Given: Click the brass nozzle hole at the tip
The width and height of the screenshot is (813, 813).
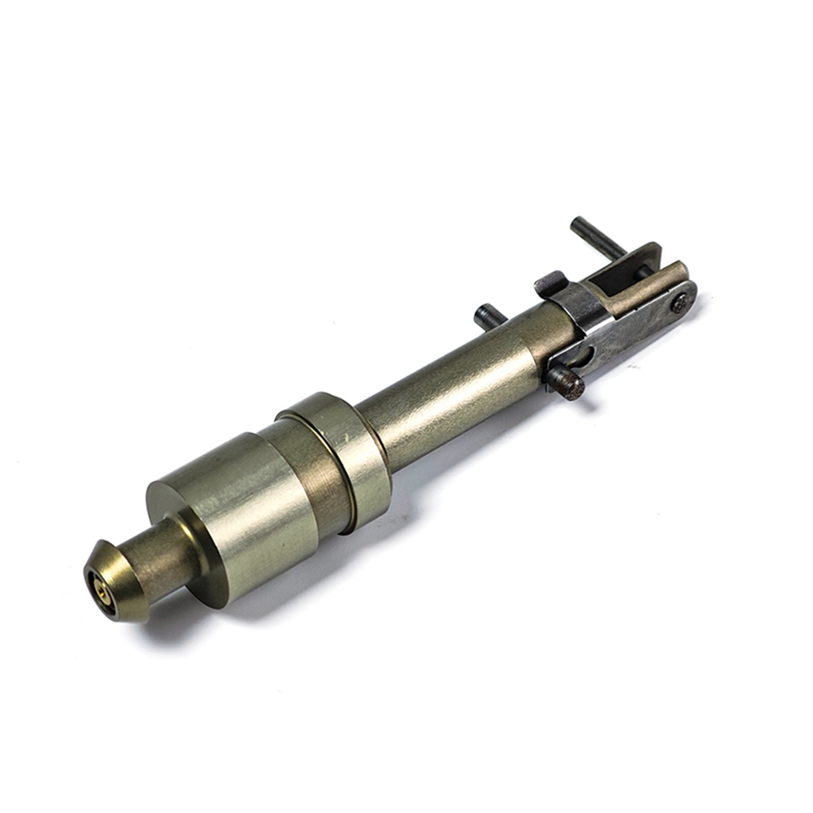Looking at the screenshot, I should [x=95, y=590].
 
